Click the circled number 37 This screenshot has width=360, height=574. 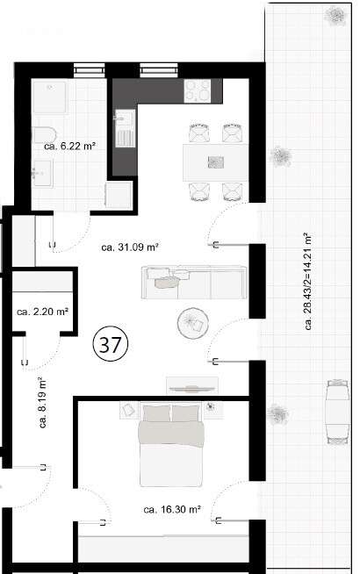(x=111, y=346)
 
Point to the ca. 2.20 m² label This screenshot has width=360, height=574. (x=43, y=311)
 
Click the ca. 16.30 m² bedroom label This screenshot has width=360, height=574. (x=172, y=508)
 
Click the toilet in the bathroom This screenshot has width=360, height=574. (x=40, y=133)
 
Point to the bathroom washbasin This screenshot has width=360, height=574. (x=40, y=176)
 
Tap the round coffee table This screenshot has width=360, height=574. (x=192, y=324)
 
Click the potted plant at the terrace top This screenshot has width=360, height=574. (x=335, y=15)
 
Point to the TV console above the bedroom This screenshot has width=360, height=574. (x=192, y=383)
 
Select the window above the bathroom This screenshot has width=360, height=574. (x=86, y=69)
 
